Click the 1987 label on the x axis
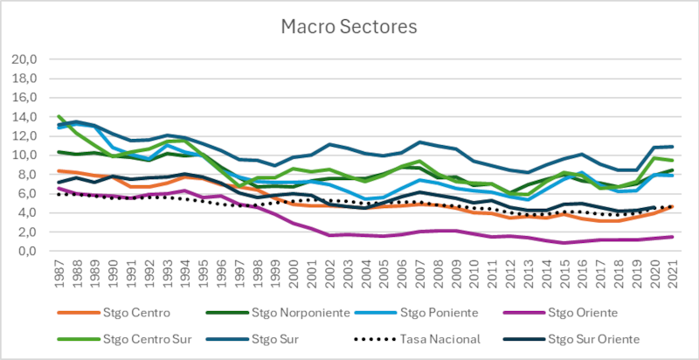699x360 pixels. pos(59,272)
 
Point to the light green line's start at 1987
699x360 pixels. pos(59,116)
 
